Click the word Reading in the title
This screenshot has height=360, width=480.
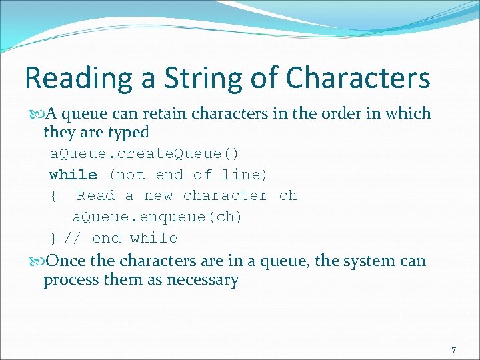pos(70,79)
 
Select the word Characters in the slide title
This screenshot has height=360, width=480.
pos(357,79)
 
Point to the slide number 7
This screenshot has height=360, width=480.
pos(454,351)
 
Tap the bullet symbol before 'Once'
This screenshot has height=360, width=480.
pos(35,261)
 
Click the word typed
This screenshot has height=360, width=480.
pos(127,132)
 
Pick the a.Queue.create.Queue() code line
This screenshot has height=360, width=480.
pos(145,153)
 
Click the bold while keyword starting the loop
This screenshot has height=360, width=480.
pos(73,175)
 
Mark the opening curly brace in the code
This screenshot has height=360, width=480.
pos(53,196)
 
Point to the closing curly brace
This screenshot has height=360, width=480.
pos(53,239)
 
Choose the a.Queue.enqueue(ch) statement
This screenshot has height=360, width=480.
pos(157,217)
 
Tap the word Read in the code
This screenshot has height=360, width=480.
pos(95,196)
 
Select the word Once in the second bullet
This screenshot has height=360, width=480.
pos(66,261)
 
